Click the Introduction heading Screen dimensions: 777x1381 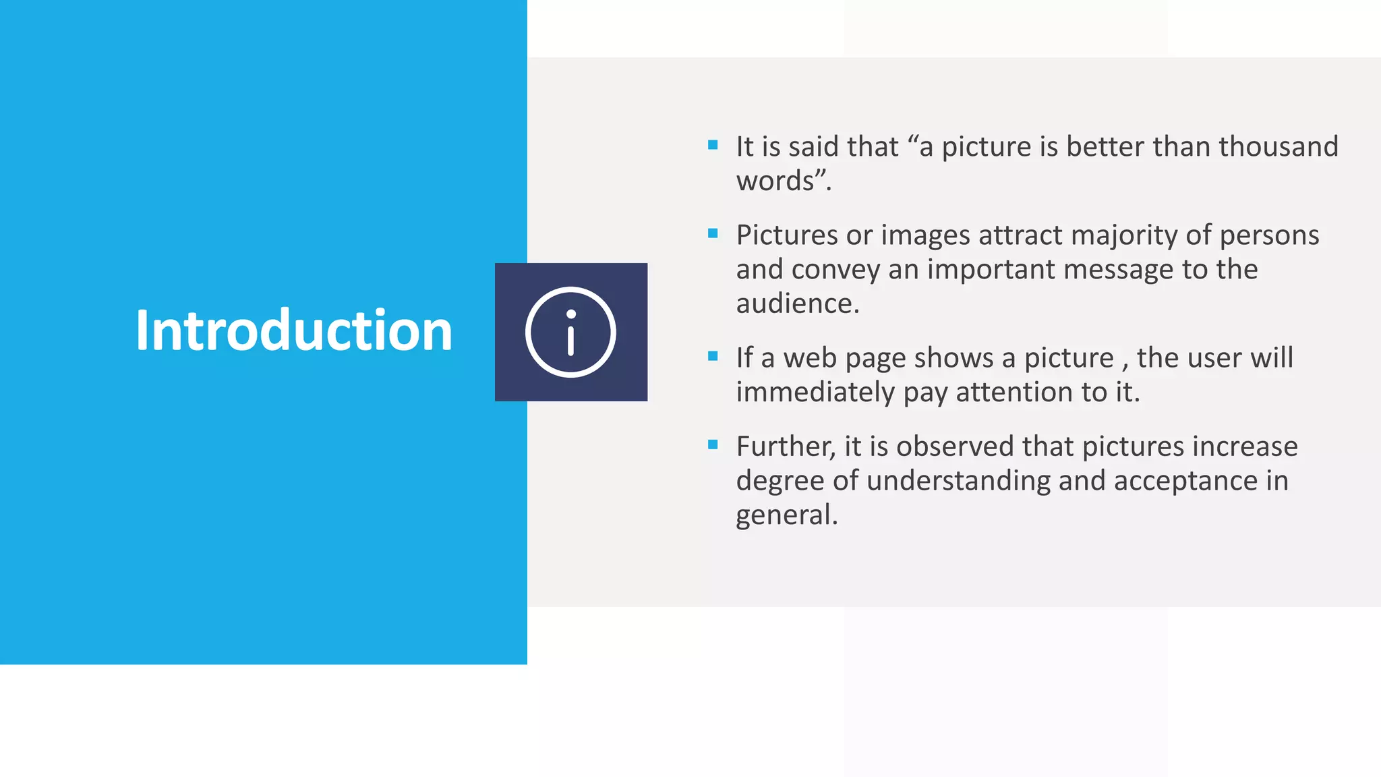(293, 330)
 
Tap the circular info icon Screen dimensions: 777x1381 (570, 332)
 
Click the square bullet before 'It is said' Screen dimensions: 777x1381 (713, 145)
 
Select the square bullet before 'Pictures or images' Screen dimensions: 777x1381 (713, 233)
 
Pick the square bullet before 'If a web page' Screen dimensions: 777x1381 (713, 356)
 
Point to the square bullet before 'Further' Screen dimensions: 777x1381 (713, 444)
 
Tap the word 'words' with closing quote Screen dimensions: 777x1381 (783, 181)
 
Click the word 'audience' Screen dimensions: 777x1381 (796, 304)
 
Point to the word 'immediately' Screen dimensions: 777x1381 (815, 393)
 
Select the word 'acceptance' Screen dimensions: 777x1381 (1185, 481)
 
